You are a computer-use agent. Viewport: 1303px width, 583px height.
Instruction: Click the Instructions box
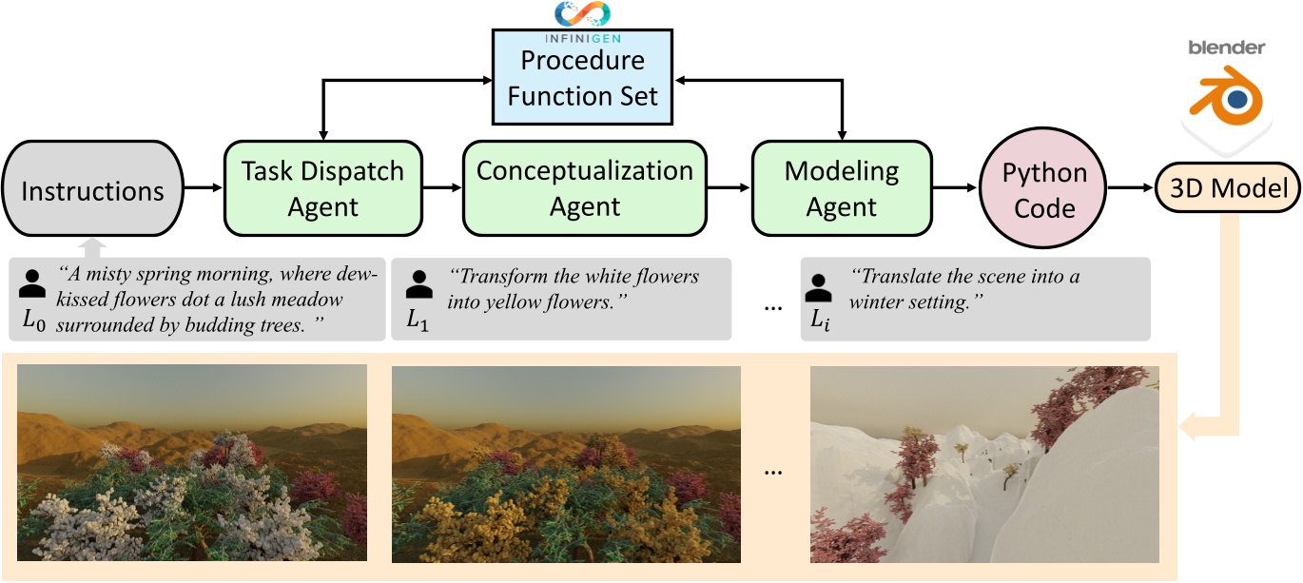[92, 191]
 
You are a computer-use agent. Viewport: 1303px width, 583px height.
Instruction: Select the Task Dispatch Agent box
[323, 189]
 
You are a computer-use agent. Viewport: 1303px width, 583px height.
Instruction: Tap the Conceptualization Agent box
[585, 188]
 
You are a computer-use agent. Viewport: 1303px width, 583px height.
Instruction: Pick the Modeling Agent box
[842, 188]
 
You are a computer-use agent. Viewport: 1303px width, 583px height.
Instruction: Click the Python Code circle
[1044, 190]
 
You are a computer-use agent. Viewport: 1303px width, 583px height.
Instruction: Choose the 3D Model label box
[1227, 189]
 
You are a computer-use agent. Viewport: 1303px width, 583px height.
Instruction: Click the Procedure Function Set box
[583, 78]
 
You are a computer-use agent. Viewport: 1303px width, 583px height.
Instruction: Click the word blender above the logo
[1226, 48]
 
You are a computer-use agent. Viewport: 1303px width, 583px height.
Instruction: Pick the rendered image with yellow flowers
[566, 464]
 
